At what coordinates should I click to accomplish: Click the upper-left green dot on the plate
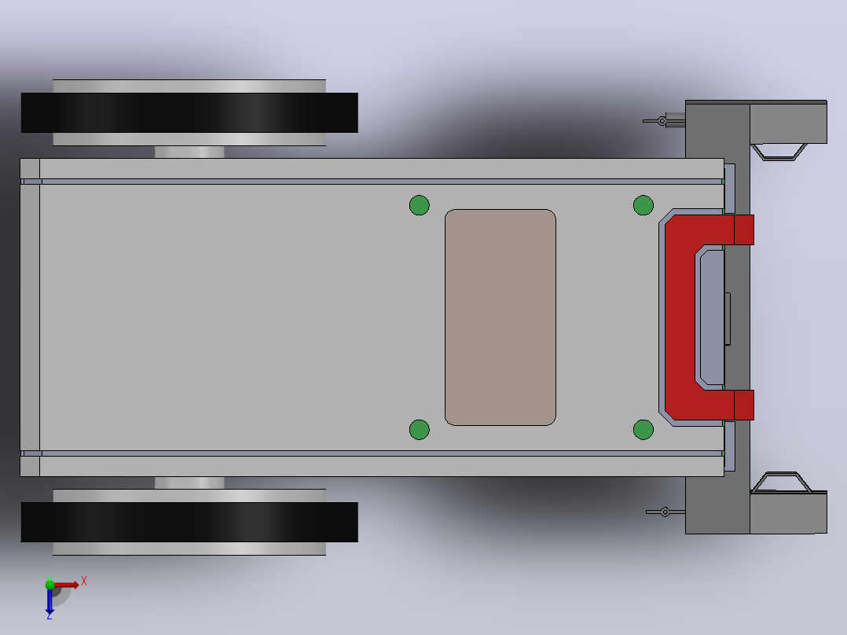click(x=420, y=205)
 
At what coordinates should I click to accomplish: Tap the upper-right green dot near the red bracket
click(x=643, y=205)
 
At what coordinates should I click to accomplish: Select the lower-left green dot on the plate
click(x=420, y=430)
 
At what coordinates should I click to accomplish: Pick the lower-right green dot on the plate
click(x=643, y=430)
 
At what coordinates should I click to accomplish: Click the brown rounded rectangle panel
click(x=500, y=317)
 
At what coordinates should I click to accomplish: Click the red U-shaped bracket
click(x=680, y=317)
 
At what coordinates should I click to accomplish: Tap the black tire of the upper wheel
click(x=189, y=112)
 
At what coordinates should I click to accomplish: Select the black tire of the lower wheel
click(x=189, y=522)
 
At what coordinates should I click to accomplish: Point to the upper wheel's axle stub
click(x=189, y=152)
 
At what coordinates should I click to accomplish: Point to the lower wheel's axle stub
click(x=189, y=483)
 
